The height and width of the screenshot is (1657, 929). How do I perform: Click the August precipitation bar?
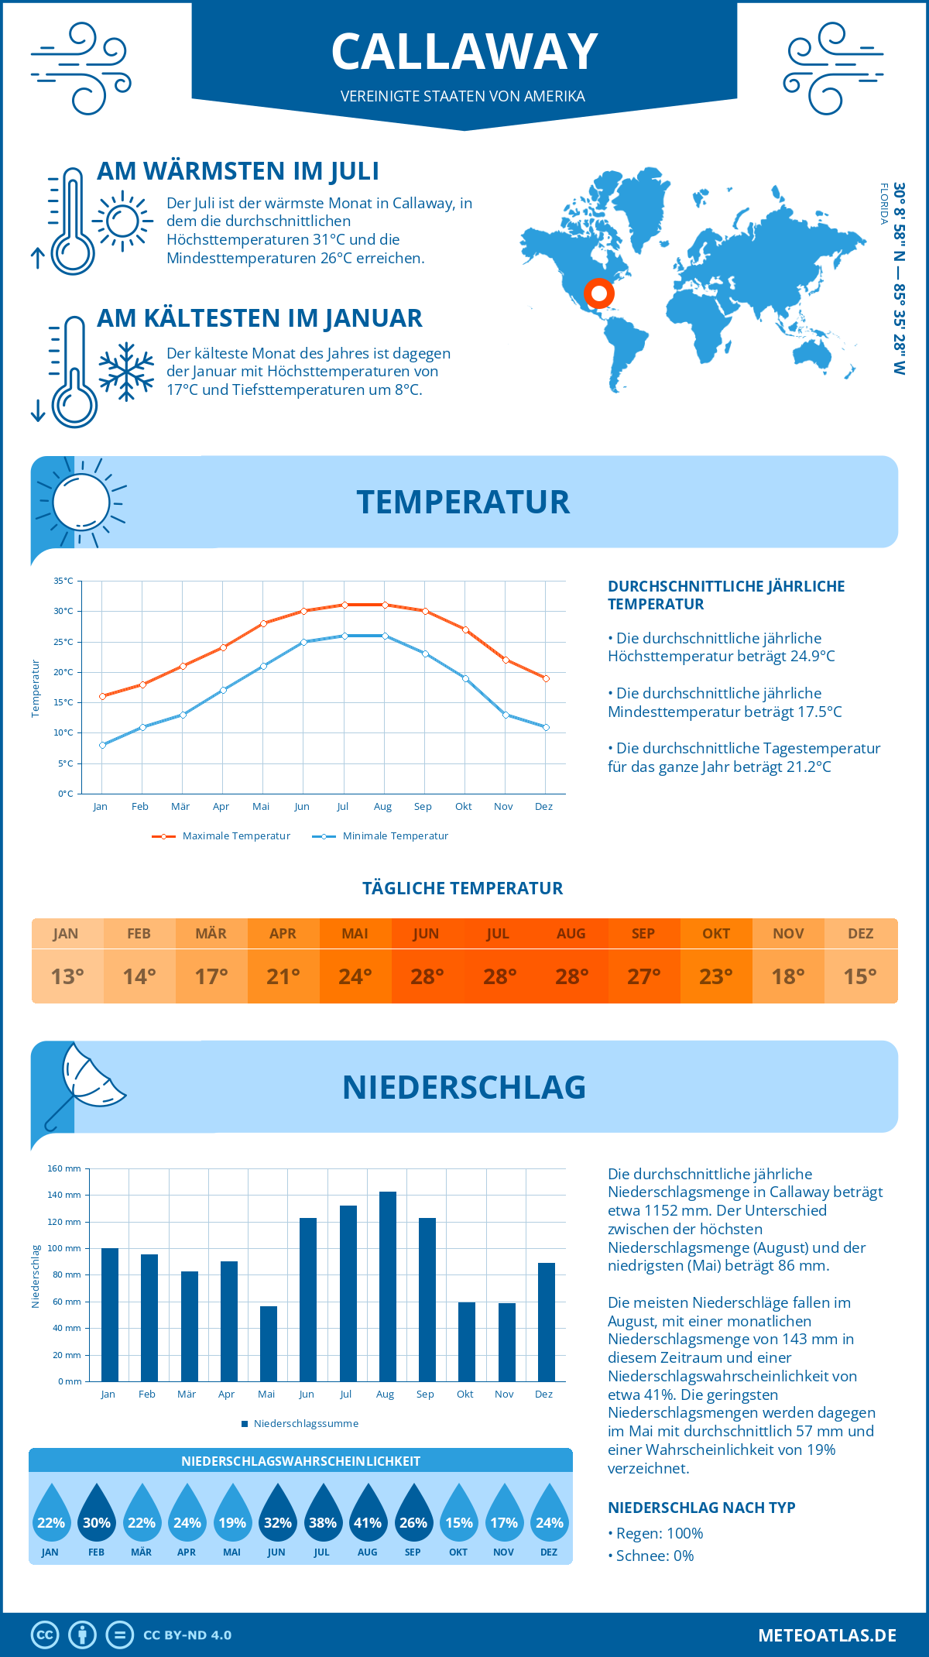point(388,1286)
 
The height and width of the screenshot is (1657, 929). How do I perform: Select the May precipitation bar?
point(269,1343)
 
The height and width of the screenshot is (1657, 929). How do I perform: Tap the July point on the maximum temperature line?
point(345,605)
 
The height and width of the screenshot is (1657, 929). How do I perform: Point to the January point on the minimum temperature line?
point(102,745)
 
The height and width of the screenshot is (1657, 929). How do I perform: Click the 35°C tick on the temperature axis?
point(63,581)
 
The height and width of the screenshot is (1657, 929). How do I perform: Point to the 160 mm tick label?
point(64,1168)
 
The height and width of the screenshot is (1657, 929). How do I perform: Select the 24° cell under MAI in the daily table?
point(355,976)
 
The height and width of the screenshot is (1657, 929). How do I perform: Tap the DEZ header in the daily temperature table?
point(860,934)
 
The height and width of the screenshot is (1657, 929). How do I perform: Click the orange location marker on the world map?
point(598,293)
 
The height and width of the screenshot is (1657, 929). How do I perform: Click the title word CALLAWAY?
point(464,52)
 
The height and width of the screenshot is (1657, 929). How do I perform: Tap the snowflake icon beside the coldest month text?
point(126,372)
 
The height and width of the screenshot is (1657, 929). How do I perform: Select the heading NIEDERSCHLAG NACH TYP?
point(701,1508)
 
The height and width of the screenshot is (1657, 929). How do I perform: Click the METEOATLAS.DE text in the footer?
point(827,1635)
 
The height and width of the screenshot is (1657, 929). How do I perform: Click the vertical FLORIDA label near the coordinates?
point(883,204)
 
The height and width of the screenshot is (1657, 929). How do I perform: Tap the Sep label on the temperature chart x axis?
point(423,807)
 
